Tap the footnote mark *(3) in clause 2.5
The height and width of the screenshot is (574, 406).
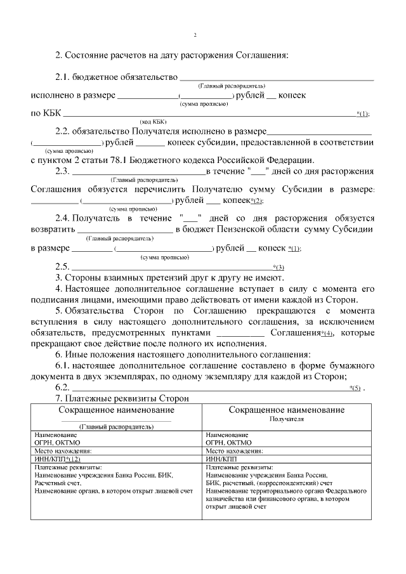(278, 266)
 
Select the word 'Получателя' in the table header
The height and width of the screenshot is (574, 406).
(287, 419)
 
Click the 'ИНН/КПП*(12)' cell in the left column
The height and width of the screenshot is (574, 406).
(58, 459)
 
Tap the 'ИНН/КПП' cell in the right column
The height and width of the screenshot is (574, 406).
(221, 459)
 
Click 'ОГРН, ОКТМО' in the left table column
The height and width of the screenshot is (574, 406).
(55, 443)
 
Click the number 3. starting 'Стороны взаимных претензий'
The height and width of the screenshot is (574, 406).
(58, 277)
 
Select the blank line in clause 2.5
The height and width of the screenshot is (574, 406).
(171, 266)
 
